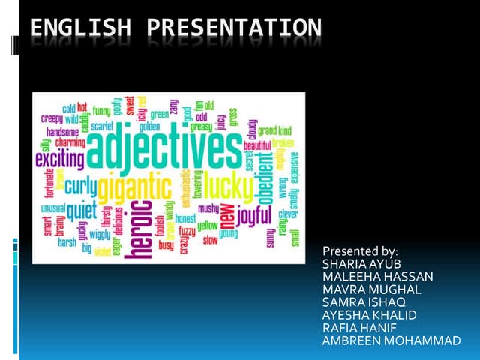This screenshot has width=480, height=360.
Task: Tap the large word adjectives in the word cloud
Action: point(165,150)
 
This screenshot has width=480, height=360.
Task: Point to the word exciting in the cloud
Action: point(59,159)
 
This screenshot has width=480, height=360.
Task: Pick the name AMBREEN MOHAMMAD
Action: point(391,340)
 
